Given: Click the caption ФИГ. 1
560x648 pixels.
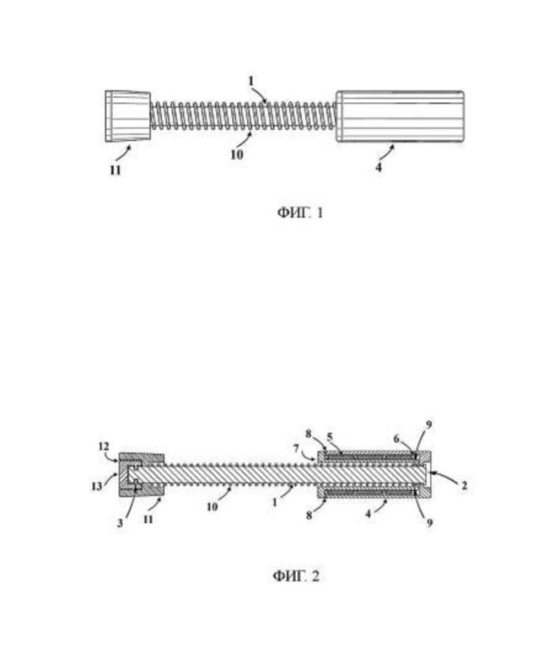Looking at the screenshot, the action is click(x=300, y=213).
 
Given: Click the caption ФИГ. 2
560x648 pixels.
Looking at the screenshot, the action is click(x=296, y=575).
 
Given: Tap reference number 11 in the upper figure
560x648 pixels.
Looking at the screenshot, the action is click(x=116, y=170).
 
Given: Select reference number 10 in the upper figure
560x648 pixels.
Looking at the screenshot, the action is click(x=237, y=154).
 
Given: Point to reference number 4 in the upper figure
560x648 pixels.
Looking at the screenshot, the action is click(x=379, y=167).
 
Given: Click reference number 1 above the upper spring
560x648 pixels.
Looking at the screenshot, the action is click(x=250, y=81).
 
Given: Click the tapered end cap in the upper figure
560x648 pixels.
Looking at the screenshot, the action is click(x=127, y=116).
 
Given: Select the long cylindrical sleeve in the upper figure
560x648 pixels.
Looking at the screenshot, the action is click(x=400, y=116).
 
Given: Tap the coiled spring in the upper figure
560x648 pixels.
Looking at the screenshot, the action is click(x=243, y=116).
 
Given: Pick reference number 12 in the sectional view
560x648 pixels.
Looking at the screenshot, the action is click(x=104, y=446).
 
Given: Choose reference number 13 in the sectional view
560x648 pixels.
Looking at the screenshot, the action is click(x=96, y=486).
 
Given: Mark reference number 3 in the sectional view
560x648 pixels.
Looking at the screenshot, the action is click(x=120, y=523).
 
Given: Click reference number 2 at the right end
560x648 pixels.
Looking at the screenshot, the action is click(x=464, y=485).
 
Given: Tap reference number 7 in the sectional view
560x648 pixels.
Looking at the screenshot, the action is click(x=296, y=448).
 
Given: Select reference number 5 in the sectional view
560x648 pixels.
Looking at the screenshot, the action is click(x=330, y=437).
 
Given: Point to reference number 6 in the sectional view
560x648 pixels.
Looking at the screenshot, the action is click(x=396, y=439).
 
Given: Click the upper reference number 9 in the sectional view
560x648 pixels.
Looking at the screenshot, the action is click(x=429, y=425).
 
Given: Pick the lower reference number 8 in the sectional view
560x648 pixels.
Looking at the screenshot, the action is click(x=309, y=516).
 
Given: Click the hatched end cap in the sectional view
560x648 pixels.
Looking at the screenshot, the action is click(x=142, y=474).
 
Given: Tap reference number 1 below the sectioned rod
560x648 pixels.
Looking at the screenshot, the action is click(x=275, y=502).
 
